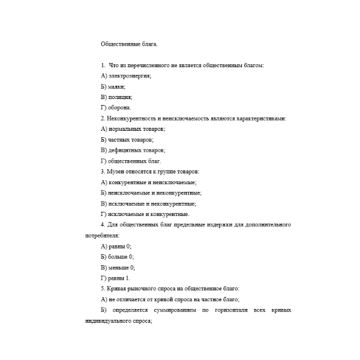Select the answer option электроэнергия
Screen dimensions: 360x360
[x=129, y=76]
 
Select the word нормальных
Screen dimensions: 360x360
[x=128, y=129]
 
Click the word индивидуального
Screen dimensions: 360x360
[x=109, y=321]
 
